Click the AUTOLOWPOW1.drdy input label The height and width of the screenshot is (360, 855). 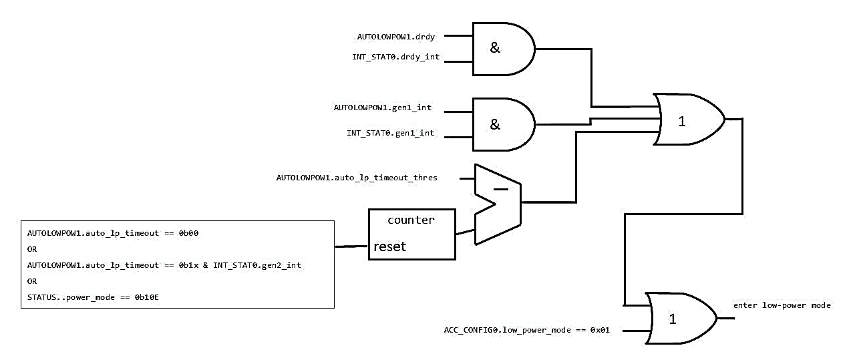396,37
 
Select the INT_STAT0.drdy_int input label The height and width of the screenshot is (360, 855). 395,57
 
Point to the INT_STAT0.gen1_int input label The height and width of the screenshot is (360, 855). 390,133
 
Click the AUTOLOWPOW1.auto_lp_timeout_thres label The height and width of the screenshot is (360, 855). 357,178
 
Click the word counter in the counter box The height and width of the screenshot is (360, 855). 411,220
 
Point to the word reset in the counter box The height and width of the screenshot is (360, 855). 389,246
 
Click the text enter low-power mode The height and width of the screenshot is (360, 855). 782,305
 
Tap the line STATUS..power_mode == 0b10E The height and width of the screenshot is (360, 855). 93,297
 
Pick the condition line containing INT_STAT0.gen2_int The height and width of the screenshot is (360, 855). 164,265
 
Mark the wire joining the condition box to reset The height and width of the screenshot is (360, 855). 351,246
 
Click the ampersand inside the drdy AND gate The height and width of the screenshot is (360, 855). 495,48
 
